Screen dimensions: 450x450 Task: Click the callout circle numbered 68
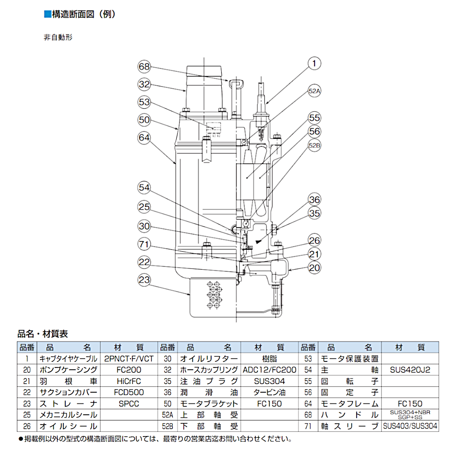pos(144,67)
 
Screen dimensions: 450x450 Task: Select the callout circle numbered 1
pos(314,63)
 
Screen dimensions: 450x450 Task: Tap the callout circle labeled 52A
pos(314,91)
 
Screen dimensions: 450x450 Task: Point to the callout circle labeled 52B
pos(314,145)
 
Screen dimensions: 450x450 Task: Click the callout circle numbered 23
pos(144,280)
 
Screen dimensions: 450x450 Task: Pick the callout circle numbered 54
pos(144,187)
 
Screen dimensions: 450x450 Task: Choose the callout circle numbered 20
pos(314,268)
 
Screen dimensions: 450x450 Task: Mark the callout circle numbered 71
pos(144,244)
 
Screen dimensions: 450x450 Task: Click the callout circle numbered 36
pos(314,200)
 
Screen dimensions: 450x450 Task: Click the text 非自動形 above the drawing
pos(58,37)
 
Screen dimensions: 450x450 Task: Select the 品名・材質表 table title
pos(43,334)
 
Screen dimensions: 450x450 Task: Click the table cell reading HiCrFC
pos(129,381)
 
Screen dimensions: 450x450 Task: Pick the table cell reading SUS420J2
pos(410,370)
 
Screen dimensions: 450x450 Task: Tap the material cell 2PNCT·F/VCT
pos(129,359)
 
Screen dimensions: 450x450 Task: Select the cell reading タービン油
pos(269,393)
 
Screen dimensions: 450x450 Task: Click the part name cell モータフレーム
pos(349,404)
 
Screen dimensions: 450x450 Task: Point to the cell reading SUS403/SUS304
pos(410,426)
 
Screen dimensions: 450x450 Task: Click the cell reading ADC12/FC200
pos(269,370)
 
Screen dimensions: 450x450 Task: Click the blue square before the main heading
pos(47,14)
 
